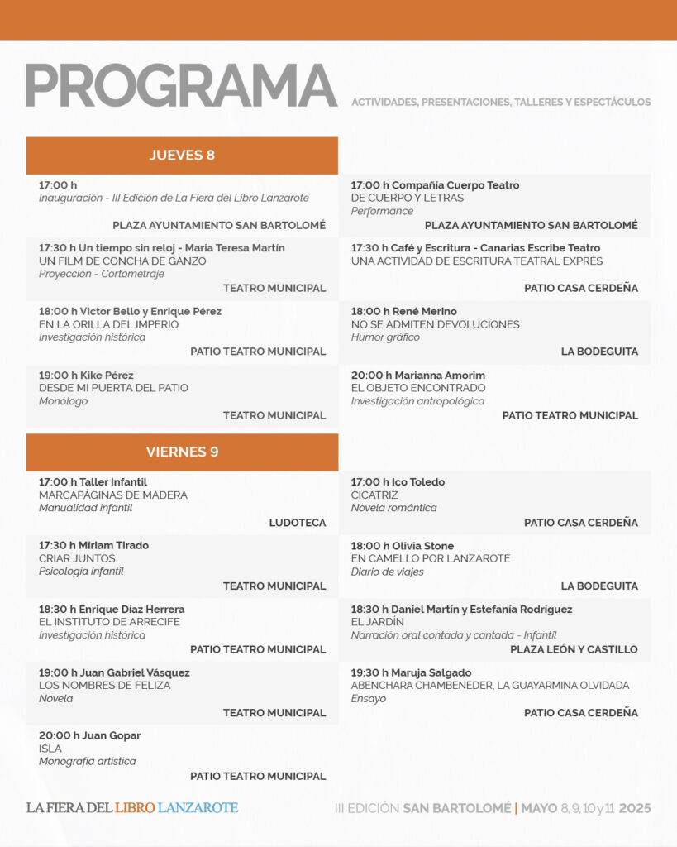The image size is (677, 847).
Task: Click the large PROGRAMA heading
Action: click(x=181, y=86)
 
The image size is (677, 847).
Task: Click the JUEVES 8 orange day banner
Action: click(x=182, y=156)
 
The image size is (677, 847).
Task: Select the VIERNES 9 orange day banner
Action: click(x=182, y=452)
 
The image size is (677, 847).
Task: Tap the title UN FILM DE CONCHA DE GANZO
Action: click(x=122, y=261)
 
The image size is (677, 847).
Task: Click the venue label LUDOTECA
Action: click(x=298, y=523)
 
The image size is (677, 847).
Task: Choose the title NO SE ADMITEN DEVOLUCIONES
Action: click(x=435, y=324)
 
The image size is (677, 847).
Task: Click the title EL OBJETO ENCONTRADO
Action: click(x=418, y=388)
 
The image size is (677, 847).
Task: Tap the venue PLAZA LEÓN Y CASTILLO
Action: click(x=574, y=649)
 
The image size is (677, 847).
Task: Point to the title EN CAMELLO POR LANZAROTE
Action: click(x=431, y=558)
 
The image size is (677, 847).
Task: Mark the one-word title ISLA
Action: click(x=50, y=749)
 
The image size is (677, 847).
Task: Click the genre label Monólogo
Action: click(x=63, y=401)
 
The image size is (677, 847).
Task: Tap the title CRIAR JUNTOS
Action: click(x=77, y=558)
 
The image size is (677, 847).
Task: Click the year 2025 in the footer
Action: click(x=635, y=808)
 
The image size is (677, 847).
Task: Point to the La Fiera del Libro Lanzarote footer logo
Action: click(x=132, y=807)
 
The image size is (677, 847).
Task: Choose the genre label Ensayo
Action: click(x=369, y=699)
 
